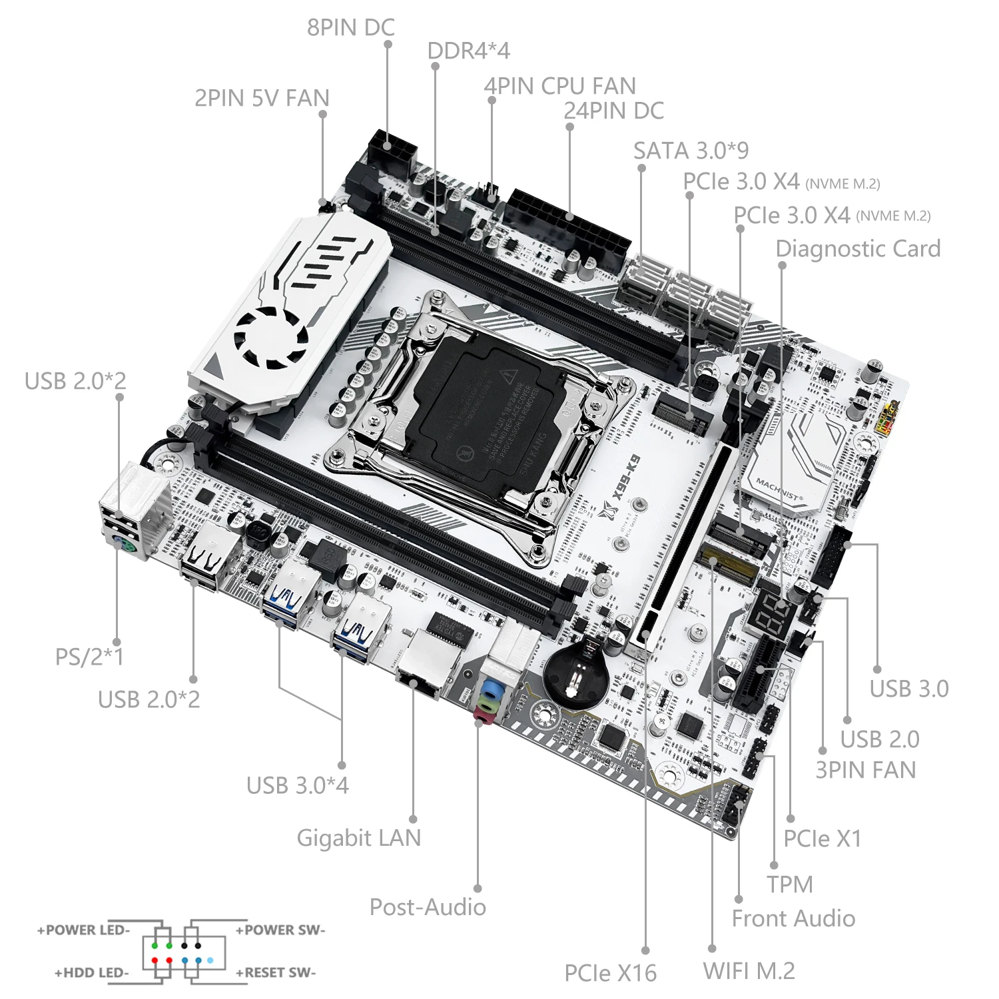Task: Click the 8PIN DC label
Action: pyautogui.click(x=350, y=27)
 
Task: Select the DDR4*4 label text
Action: pyautogui.click(x=468, y=51)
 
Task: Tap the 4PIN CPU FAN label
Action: pyautogui.click(x=559, y=86)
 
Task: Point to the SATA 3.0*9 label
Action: pyautogui.click(x=691, y=151)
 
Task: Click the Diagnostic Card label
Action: pyautogui.click(x=858, y=248)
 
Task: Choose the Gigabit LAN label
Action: pyautogui.click(x=358, y=837)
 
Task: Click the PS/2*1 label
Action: pyautogui.click(x=89, y=657)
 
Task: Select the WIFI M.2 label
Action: pyautogui.click(x=749, y=970)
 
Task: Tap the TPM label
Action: pyautogui.click(x=789, y=884)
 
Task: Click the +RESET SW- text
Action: pyautogui.click(x=276, y=972)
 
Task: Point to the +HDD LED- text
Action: pyautogui.click(x=91, y=972)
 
